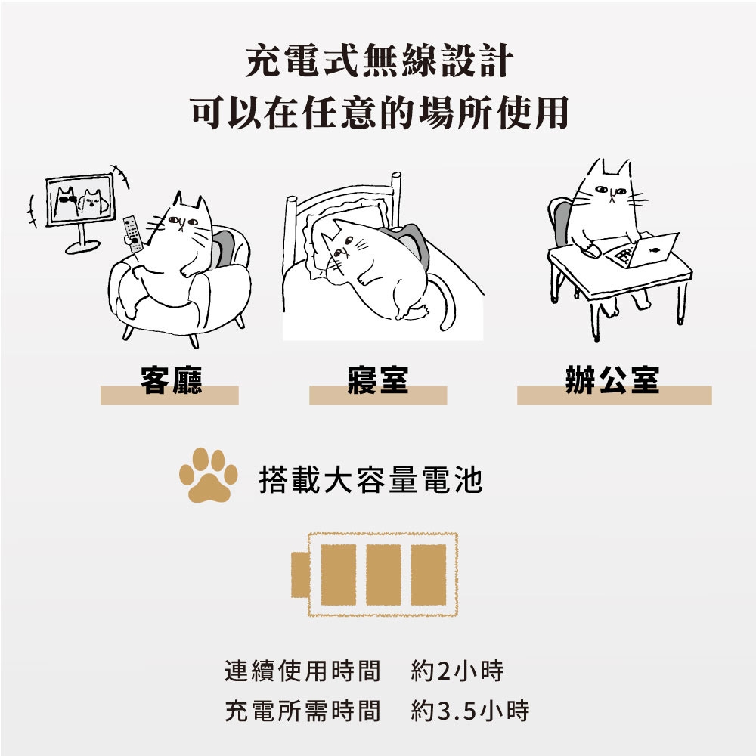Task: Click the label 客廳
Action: pos(171,380)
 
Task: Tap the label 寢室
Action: pos(378,380)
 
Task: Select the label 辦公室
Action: pos(612,380)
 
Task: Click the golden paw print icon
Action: pos(209,476)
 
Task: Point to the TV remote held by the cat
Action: pos(132,234)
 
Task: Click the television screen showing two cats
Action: pos(81,200)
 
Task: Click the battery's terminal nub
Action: pos(300,575)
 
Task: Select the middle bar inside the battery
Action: pos(383,575)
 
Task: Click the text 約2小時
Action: pos(457,671)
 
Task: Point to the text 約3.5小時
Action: pos(470,711)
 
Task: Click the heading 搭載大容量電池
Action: pos(370,480)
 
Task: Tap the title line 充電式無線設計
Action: pos(379,60)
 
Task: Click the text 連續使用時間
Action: pos(303,671)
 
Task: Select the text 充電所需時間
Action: pos(303,711)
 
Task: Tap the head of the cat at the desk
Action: pos(609,188)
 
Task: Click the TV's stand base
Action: pos(82,247)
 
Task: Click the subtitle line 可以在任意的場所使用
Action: pos(379,113)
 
